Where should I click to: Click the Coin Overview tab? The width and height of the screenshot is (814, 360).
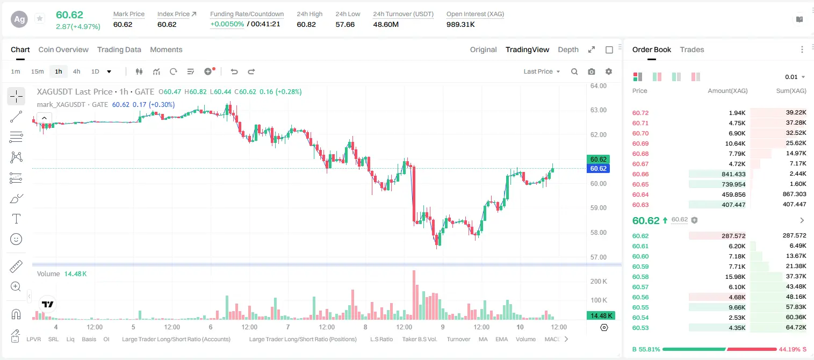point(63,49)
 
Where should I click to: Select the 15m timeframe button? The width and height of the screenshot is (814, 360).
point(37,71)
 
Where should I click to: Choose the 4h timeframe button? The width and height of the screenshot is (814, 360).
point(76,71)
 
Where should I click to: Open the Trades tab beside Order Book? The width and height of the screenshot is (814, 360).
point(692,49)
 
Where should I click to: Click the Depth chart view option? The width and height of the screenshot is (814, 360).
point(568,49)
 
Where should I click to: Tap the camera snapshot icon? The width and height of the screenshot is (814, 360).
point(592,71)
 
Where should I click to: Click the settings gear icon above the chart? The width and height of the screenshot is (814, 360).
point(609,71)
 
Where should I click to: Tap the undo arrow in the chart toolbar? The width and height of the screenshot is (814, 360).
point(234,71)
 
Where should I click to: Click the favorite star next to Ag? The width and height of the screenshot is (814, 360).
point(40,18)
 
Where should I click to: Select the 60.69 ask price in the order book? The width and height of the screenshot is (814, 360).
point(640,143)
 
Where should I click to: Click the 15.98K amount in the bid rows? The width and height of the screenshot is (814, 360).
point(735,277)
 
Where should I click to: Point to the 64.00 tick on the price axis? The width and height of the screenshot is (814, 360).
point(598,86)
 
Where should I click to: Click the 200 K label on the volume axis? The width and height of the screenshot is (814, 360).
point(599,281)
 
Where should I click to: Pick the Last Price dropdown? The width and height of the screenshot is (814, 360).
point(542,71)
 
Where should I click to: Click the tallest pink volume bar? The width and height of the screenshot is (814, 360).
point(414,295)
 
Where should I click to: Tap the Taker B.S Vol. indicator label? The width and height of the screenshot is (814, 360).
point(419,339)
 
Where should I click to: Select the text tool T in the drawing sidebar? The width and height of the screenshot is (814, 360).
point(16,219)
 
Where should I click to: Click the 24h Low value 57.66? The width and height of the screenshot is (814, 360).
point(345,24)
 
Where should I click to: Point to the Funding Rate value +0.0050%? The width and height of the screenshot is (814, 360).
point(227,24)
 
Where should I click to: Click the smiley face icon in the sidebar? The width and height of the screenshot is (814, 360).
point(16,239)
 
